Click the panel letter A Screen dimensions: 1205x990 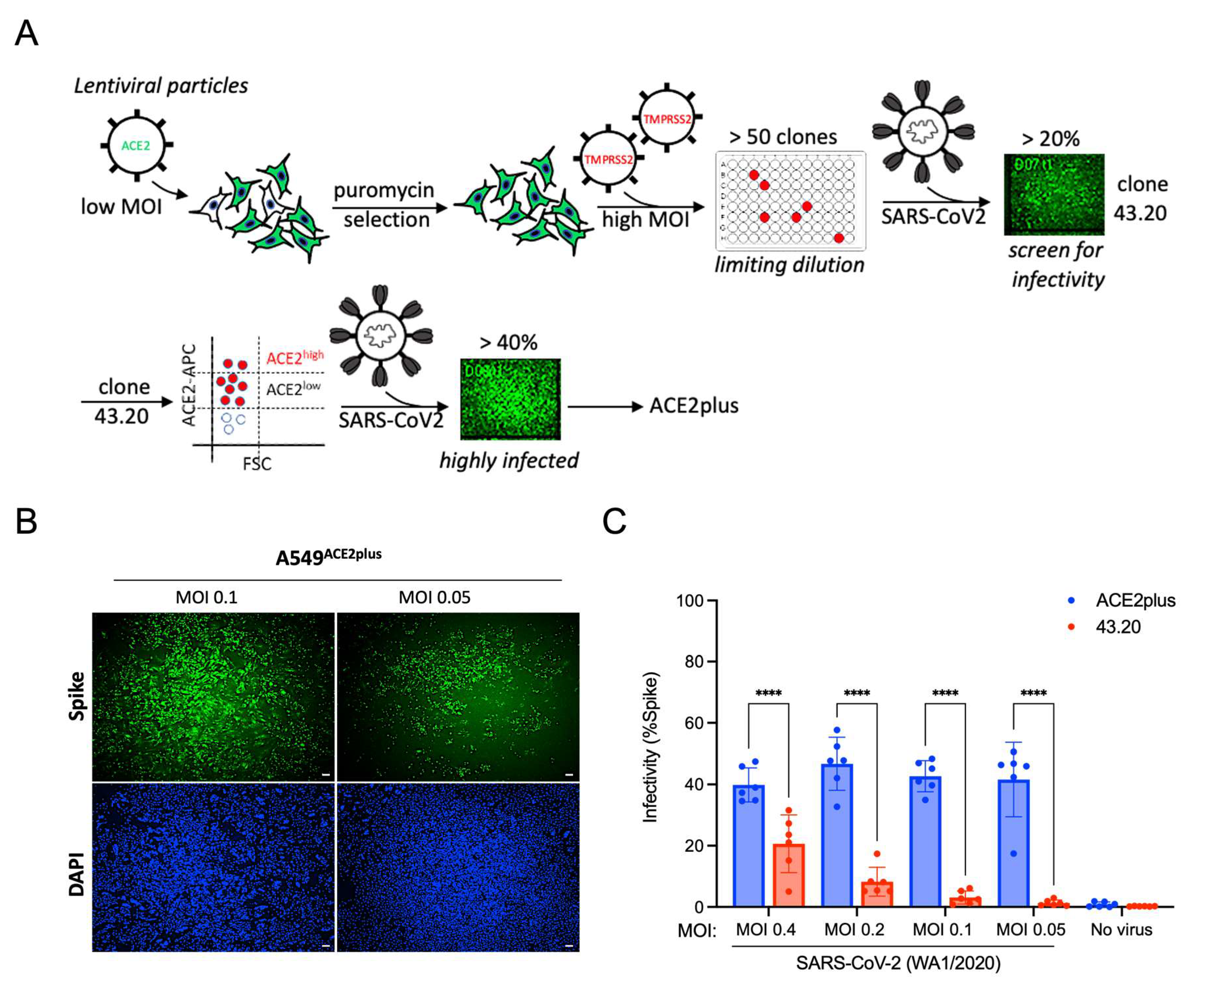[26, 34]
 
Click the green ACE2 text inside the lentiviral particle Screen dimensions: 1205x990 [136, 146]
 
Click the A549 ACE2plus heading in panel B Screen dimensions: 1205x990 [329, 557]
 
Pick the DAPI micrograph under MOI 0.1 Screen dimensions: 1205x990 [213, 867]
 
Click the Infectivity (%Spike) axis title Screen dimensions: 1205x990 [651, 747]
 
